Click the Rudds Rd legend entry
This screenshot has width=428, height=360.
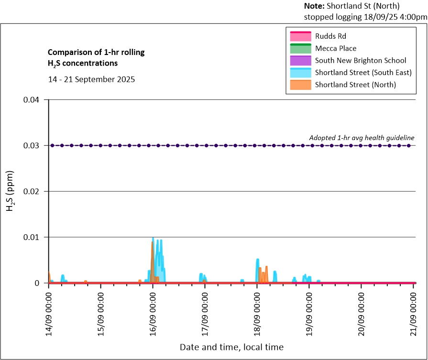(x=330, y=36)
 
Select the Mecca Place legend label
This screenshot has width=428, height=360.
(x=336, y=48)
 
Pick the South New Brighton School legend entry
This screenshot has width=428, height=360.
(x=361, y=61)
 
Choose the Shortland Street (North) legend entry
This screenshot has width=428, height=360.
(x=355, y=85)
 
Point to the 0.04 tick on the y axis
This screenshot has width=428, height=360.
(x=34, y=100)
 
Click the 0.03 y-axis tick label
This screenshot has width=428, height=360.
(x=34, y=146)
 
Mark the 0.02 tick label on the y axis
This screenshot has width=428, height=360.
(x=34, y=192)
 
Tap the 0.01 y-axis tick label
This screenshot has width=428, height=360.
(x=34, y=238)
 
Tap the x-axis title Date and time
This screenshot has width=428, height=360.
(x=231, y=347)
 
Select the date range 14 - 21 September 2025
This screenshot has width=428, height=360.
(x=91, y=79)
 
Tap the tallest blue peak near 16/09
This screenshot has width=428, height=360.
(x=153, y=239)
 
